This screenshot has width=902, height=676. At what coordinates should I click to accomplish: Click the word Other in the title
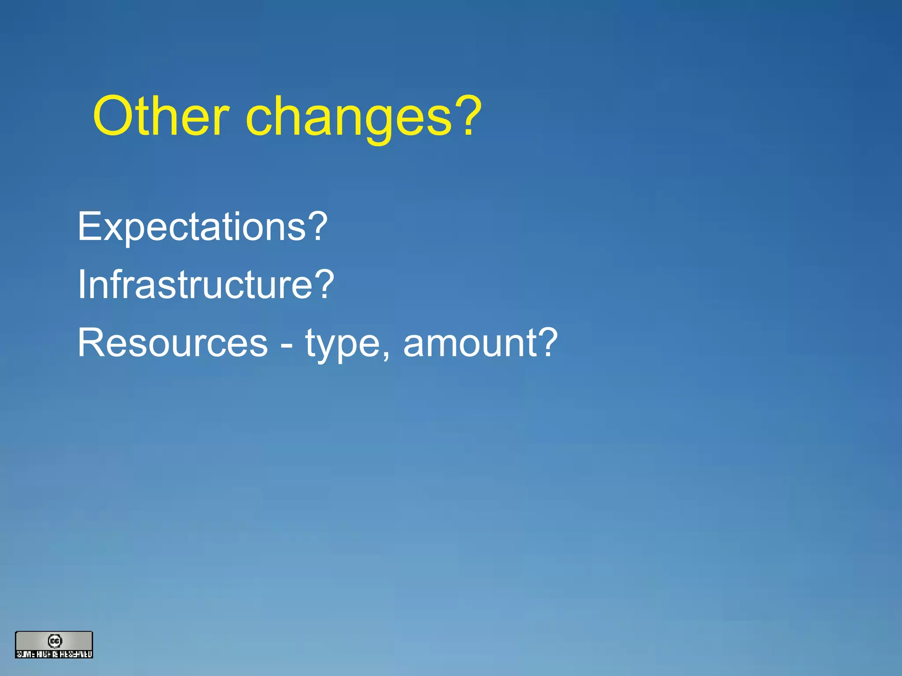click(x=161, y=117)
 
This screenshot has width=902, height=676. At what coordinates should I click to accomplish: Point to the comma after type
click(x=386, y=355)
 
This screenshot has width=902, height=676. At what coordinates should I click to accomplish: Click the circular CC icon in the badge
click(x=55, y=641)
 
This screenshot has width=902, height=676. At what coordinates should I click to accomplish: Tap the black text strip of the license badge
click(x=54, y=654)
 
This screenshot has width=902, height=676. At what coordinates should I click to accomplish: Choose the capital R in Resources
click(x=91, y=343)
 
